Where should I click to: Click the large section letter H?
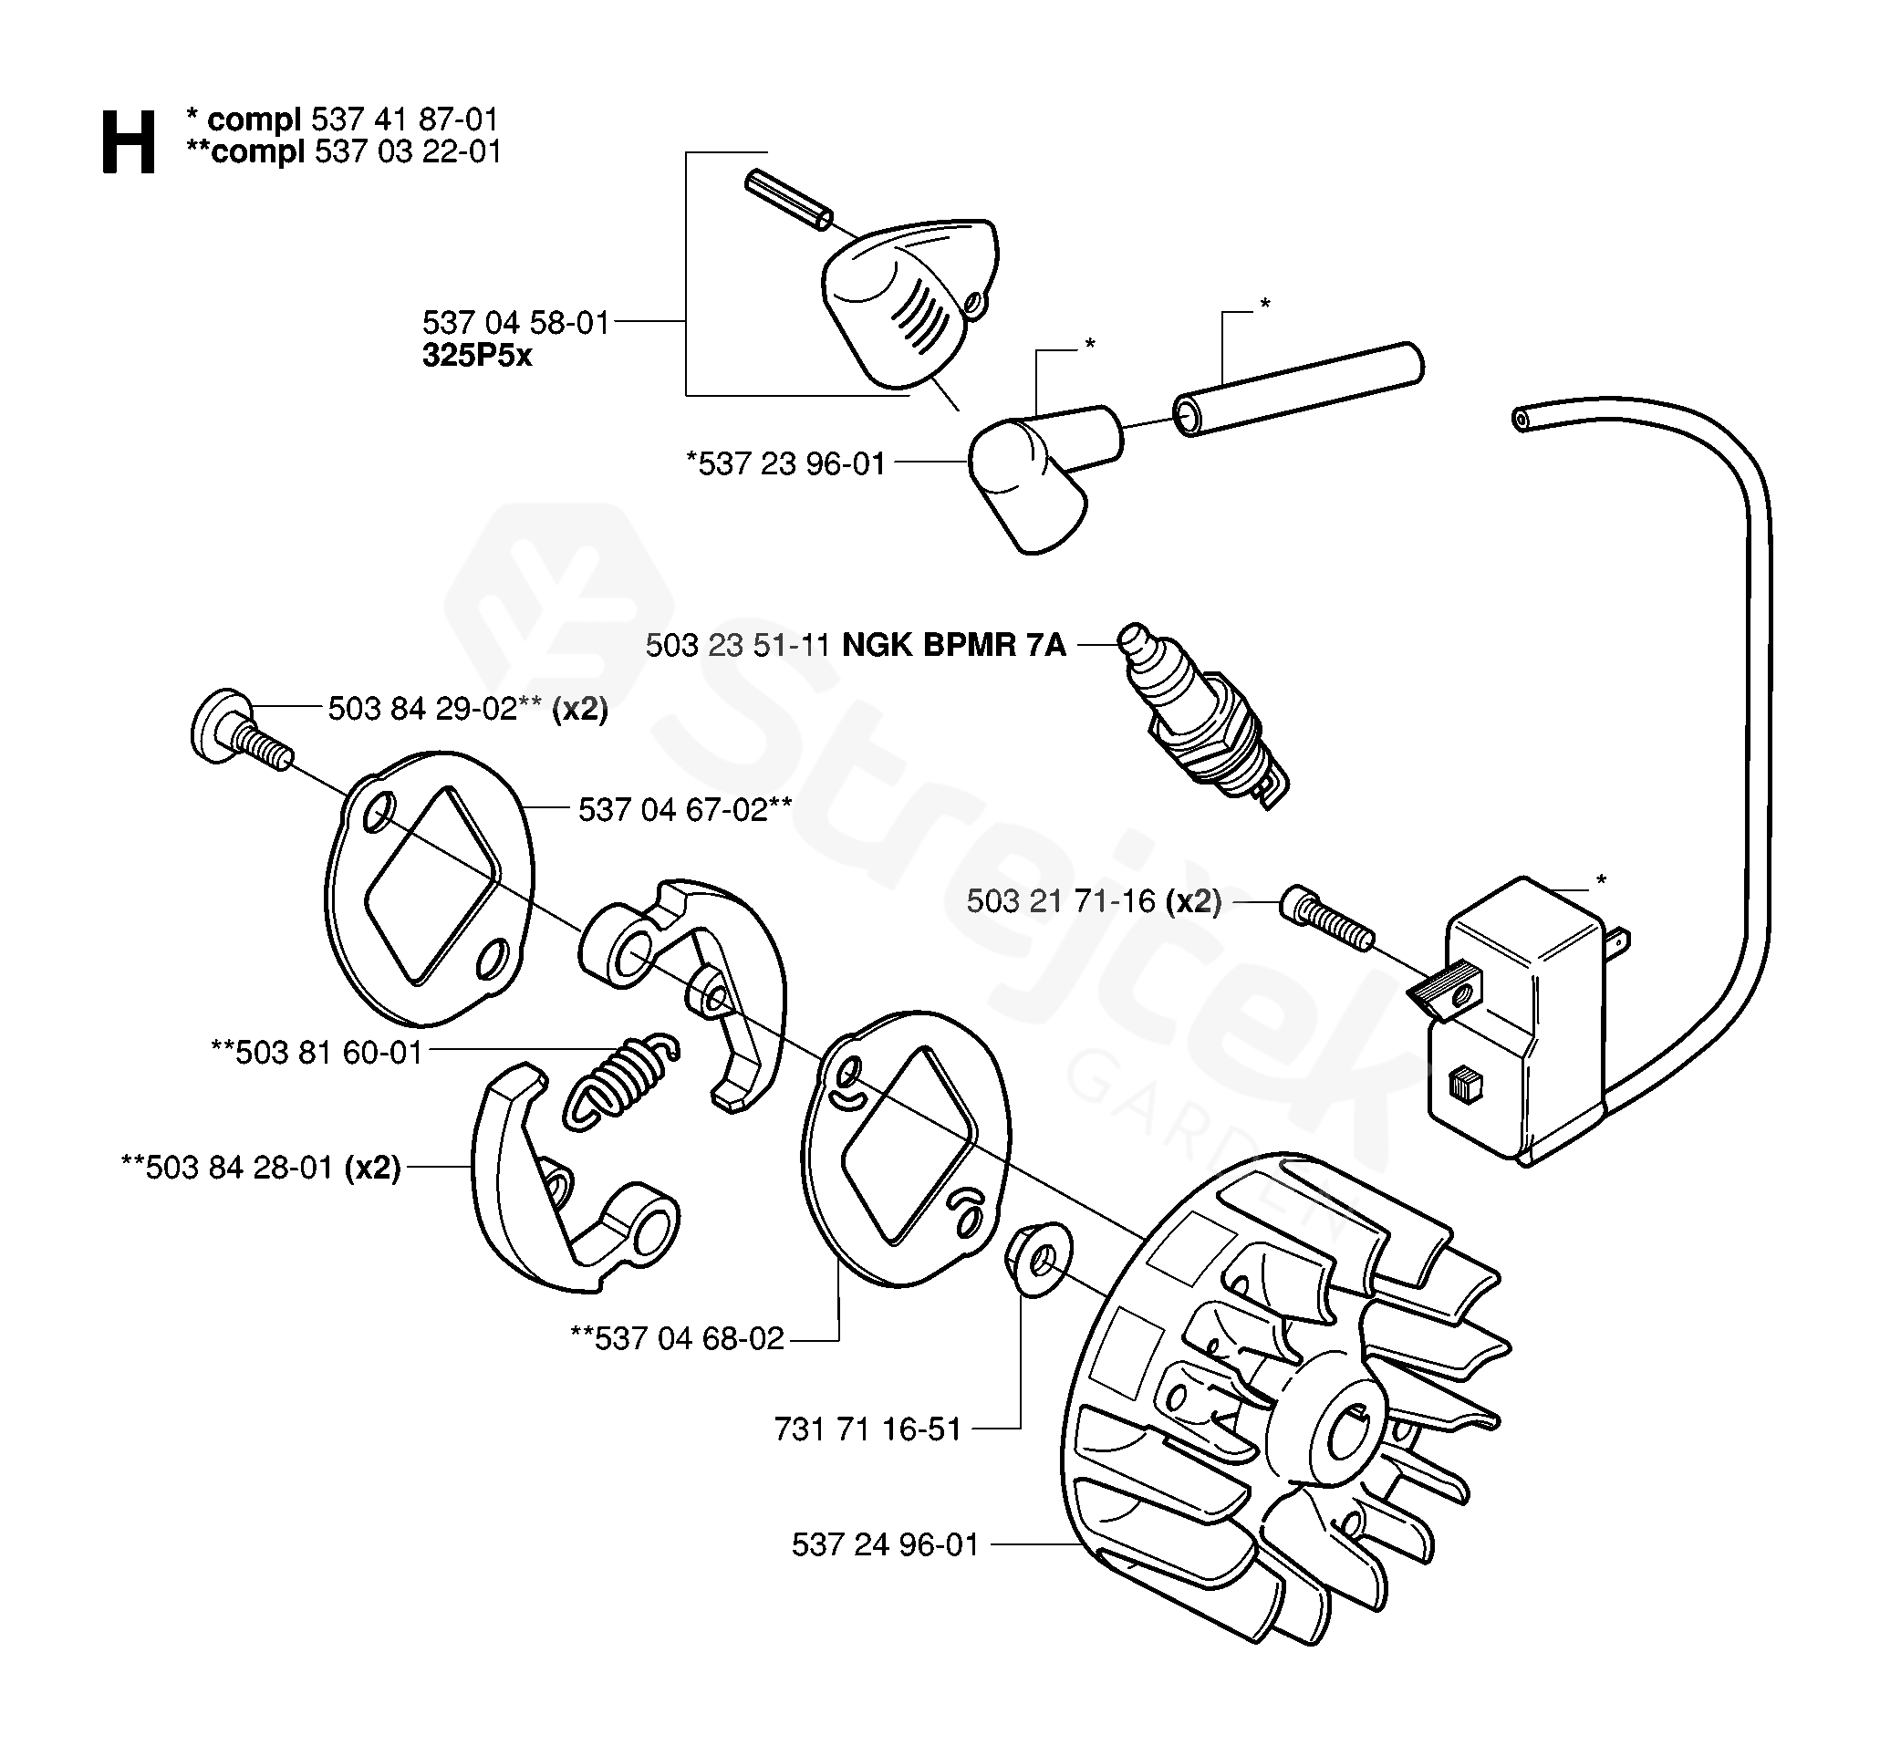pos(128,141)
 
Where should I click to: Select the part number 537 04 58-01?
pos(515,323)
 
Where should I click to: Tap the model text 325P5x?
pos(477,356)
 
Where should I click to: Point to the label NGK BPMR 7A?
pos(953,645)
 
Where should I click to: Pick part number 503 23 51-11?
pos(738,645)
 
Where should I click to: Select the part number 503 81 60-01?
pos(317,1053)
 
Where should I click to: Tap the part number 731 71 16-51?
pos(867,1429)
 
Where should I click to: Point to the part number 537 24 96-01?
pos(885,1544)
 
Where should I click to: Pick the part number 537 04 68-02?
pos(679,1339)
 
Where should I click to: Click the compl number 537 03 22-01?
pos(407,151)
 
